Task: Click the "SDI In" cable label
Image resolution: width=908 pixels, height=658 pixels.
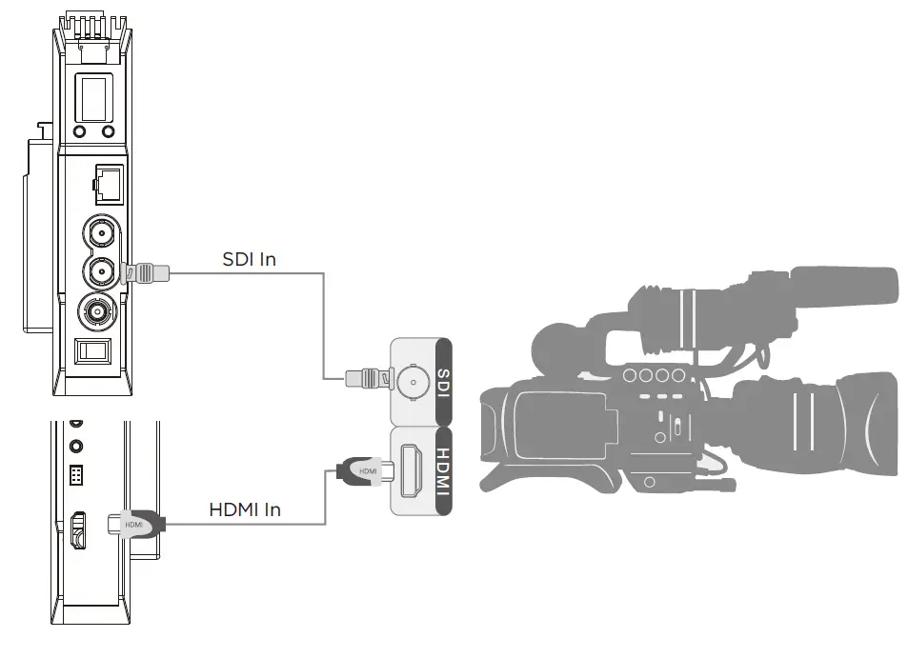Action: click(x=249, y=258)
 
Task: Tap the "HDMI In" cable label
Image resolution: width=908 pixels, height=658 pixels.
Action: click(x=245, y=509)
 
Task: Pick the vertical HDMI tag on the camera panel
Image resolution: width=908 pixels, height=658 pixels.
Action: click(x=441, y=473)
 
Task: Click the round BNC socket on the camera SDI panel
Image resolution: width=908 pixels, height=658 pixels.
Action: click(x=412, y=383)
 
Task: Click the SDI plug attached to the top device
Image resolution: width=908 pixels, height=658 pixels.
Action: click(x=149, y=274)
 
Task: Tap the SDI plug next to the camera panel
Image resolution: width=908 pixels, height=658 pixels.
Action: click(x=367, y=380)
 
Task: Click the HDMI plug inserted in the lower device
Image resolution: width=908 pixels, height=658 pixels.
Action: click(x=135, y=523)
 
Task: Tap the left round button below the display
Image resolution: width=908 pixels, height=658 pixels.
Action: click(x=79, y=131)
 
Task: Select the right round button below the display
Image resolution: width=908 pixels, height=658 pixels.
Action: click(x=108, y=131)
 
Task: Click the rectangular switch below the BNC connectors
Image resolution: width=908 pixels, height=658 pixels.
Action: click(x=93, y=350)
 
